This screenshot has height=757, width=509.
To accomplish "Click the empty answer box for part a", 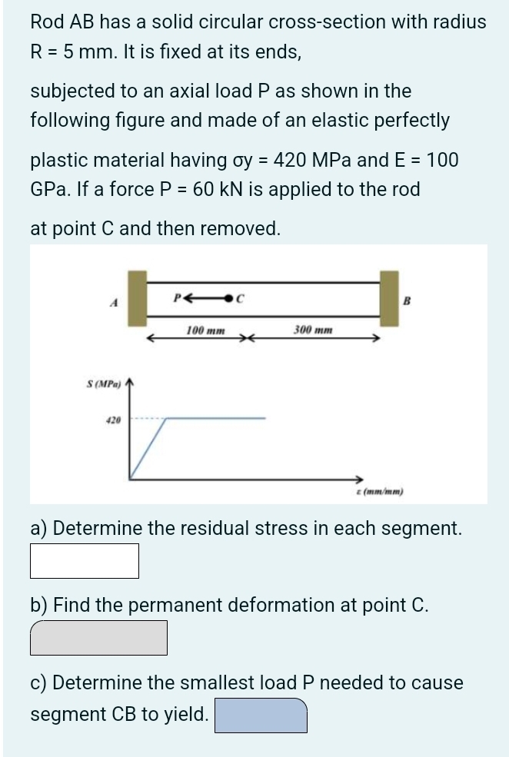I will coord(85,561).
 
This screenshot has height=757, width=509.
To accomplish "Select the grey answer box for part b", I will coord(98,638).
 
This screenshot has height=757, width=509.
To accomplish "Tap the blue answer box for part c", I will coord(261,715).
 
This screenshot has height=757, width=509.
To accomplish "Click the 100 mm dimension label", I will coord(206,330).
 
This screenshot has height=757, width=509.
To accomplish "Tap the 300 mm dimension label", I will coord(313,330).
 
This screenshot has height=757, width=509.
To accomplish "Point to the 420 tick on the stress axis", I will coord(113,420).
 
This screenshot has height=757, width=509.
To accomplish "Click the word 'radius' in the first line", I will coord(459,22).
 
